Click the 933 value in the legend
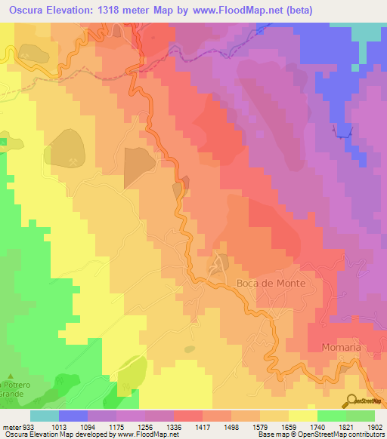tap(28, 426)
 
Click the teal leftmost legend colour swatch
tap(45, 416)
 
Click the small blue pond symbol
tap(344, 131)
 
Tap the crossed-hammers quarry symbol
tap(73, 161)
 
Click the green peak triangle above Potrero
tap(11, 376)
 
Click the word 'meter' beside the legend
tap(10, 426)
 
